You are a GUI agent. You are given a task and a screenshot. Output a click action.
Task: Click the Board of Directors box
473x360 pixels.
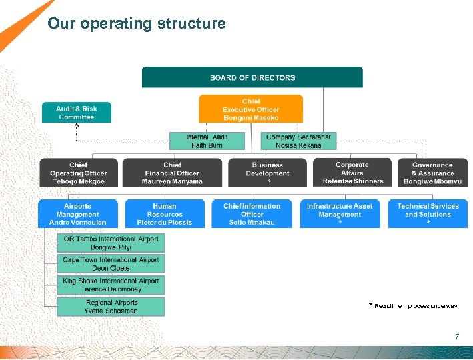(252, 77)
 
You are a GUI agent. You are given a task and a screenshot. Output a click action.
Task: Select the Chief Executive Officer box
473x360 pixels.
(251, 109)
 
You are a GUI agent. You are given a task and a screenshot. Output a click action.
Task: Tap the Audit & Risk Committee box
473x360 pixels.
(76, 113)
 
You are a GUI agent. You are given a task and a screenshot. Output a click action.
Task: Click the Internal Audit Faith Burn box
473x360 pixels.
(207, 141)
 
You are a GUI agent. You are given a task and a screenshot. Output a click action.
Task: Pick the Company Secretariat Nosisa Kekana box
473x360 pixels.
(298, 141)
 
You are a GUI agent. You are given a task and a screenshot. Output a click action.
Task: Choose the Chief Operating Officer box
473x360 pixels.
(78, 173)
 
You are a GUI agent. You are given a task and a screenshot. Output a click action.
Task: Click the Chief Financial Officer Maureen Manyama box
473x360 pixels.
(172, 173)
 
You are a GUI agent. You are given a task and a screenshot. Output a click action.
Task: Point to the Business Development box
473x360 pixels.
(268, 173)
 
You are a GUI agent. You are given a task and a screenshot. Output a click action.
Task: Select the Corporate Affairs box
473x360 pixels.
(352, 173)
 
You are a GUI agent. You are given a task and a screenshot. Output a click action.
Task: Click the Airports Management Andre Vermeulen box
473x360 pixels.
(77, 214)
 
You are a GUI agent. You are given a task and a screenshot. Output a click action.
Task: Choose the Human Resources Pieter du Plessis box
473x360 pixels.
(165, 214)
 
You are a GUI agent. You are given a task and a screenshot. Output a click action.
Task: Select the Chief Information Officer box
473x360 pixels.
(252, 214)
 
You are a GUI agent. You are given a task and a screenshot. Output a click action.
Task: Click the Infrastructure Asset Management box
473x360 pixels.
(340, 214)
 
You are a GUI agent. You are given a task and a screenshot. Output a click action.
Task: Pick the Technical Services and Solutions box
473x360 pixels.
(428, 214)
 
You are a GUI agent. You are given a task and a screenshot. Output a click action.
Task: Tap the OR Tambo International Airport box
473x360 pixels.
(111, 243)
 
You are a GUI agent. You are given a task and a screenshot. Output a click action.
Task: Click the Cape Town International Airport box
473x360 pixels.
(111, 264)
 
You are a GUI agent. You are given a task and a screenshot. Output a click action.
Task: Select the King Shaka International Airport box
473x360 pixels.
(111, 285)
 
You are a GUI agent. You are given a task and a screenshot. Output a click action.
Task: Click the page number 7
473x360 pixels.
(456, 337)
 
